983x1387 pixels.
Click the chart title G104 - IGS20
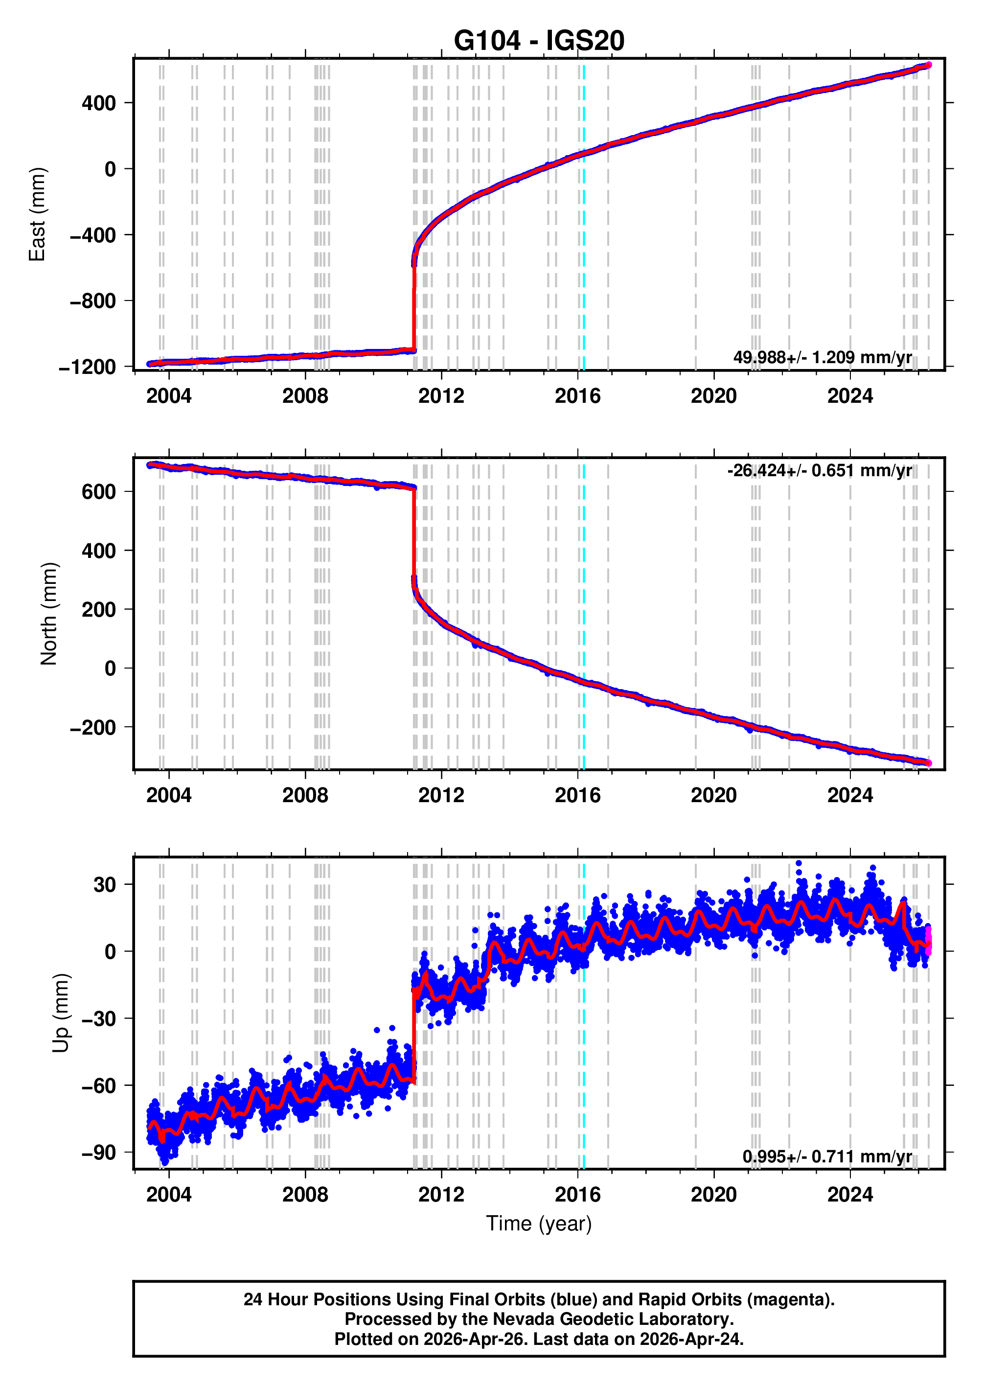tap(539, 41)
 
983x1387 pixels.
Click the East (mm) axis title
tap(38, 214)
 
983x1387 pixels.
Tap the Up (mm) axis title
tap(61, 1014)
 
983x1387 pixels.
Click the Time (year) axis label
tap(539, 1223)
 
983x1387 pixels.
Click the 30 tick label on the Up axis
tap(104, 884)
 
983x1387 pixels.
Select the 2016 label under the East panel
tap(577, 396)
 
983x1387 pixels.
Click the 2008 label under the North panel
tap(305, 795)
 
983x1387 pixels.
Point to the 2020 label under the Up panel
tap(714, 1195)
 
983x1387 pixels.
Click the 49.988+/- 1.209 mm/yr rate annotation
tap(822, 357)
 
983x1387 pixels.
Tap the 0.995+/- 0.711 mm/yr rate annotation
tap(827, 1156)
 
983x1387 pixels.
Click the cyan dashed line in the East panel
tap(584, 242)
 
